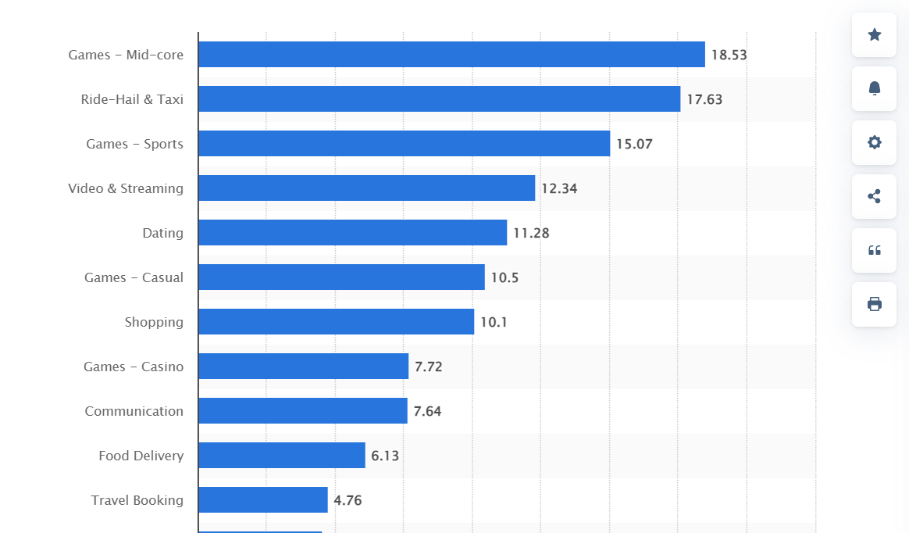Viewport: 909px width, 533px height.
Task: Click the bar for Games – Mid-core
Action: point(451,55)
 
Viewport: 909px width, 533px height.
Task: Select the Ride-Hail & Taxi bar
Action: point(439,99)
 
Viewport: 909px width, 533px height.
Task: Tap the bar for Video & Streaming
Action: point(366,188)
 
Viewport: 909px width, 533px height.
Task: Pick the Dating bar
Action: point(352,233)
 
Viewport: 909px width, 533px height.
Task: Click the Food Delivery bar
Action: point(281,456)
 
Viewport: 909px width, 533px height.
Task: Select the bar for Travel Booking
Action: point(262,500)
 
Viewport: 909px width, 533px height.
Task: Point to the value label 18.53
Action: point(729,55)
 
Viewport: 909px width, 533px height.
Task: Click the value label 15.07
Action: point(634,144)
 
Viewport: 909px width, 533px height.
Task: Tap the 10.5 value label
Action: point(504,277)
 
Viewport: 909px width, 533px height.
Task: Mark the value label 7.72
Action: point(429,367)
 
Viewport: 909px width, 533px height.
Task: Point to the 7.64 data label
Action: point(427,411)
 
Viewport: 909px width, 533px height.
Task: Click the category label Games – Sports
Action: point(134,144)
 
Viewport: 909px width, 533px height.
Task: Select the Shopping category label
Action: point(154,322)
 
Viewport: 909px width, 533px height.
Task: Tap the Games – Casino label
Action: point(134,367)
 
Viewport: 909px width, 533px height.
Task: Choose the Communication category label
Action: point(134,411)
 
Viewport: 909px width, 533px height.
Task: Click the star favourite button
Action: point(874,34)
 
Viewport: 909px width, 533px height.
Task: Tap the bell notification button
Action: point(874,88)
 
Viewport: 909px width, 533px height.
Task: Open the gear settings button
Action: point(874,142)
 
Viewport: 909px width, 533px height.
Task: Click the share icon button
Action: point(874,196)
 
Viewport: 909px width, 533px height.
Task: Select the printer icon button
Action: point(874,304)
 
